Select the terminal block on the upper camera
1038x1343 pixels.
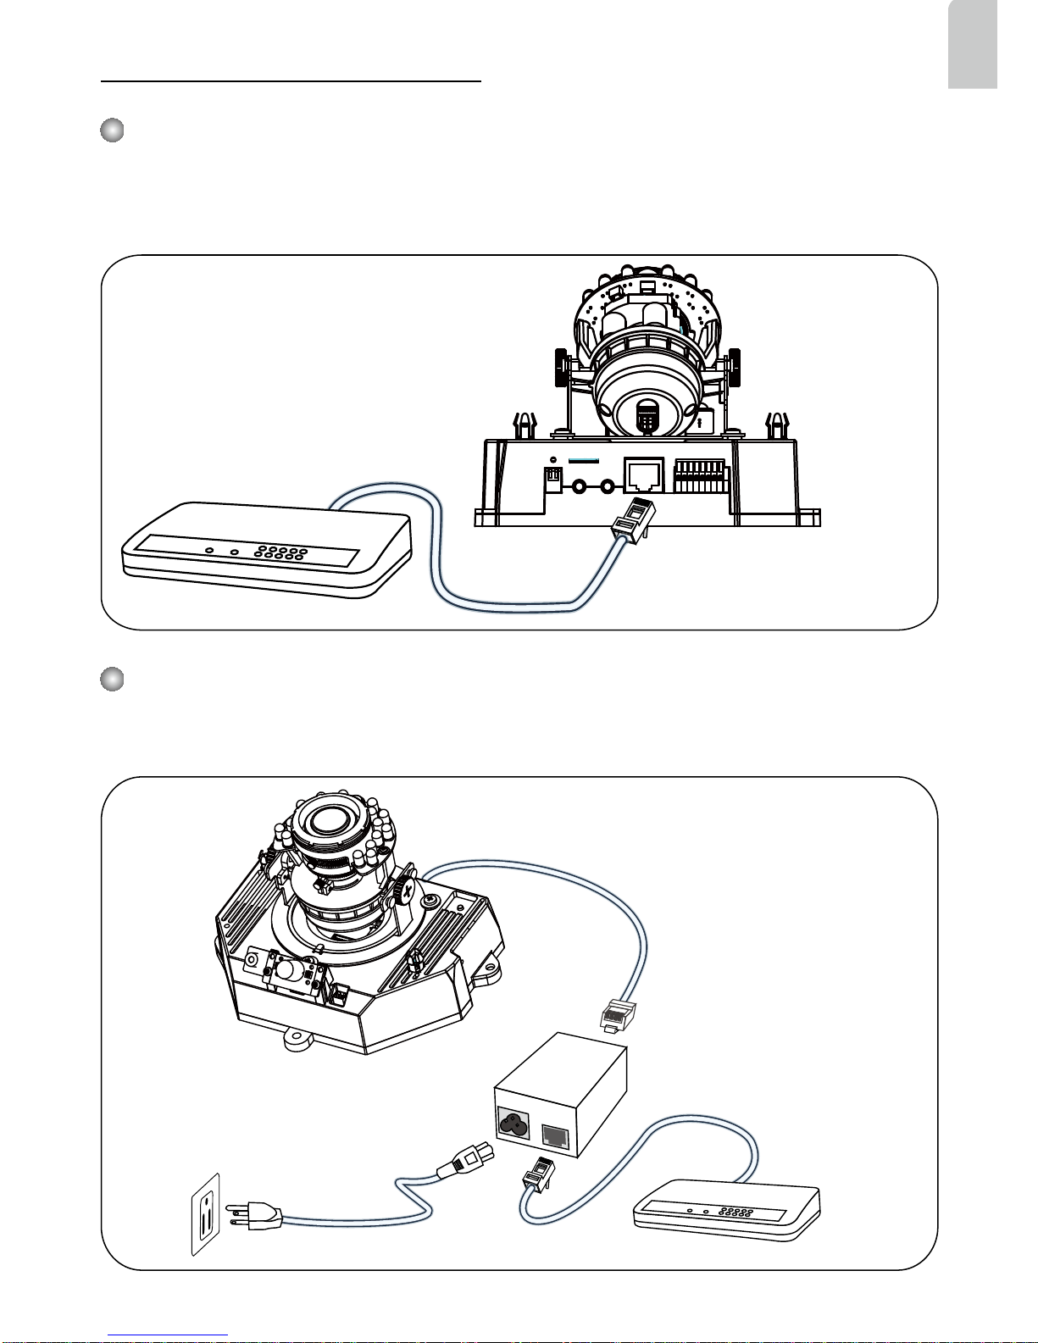tap(700, 476)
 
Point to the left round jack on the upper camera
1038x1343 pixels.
tap(581, 487)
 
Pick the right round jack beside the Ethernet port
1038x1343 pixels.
tap(608, 487)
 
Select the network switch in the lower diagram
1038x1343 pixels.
tap(727, 1211)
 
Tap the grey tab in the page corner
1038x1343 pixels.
tap(972, 44)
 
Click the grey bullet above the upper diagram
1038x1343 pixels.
tap(112, 131)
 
